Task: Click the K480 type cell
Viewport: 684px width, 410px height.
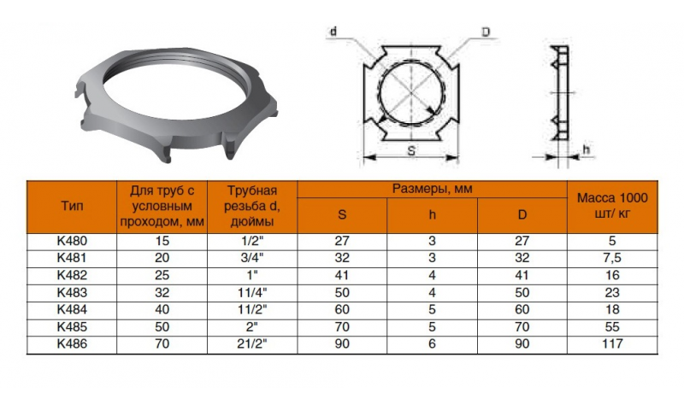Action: point(72,241)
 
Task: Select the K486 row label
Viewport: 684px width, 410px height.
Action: point(72,343)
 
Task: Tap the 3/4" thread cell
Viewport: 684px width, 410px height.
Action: point(252,258)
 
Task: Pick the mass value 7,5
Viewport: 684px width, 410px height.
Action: point(612,258)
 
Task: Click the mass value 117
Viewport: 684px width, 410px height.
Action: point(612,343)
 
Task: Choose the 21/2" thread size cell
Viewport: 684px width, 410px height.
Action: point(252,343)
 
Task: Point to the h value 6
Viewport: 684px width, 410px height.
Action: point(432,343)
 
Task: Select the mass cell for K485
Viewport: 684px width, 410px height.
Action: point(612,327)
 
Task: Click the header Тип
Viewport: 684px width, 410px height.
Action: point(72,206)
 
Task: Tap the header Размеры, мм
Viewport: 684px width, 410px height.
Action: point(432,189)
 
